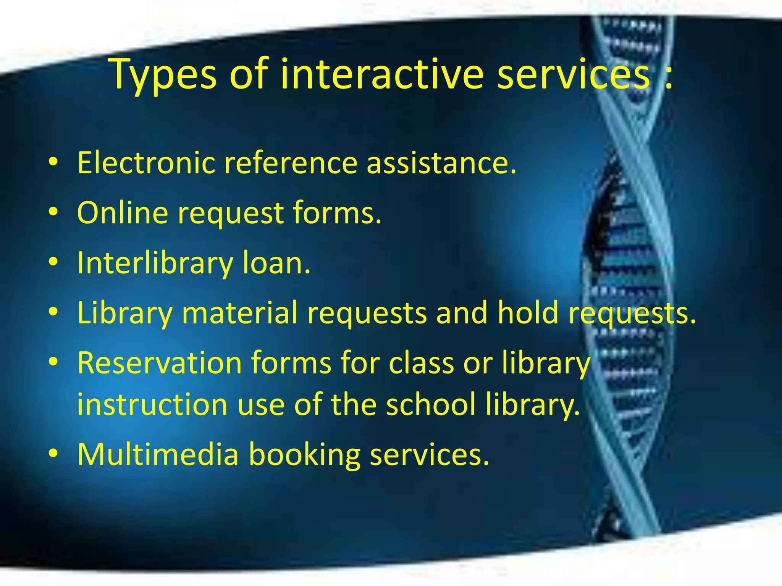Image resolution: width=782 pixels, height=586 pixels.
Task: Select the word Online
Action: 122,213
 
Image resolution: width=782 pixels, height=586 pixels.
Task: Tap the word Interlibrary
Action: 155,263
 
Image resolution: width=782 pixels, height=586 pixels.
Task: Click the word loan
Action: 276,263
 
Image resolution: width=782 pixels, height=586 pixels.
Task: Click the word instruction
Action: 152,404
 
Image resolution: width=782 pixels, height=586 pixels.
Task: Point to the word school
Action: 431,404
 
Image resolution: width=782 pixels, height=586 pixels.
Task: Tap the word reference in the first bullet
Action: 290,163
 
